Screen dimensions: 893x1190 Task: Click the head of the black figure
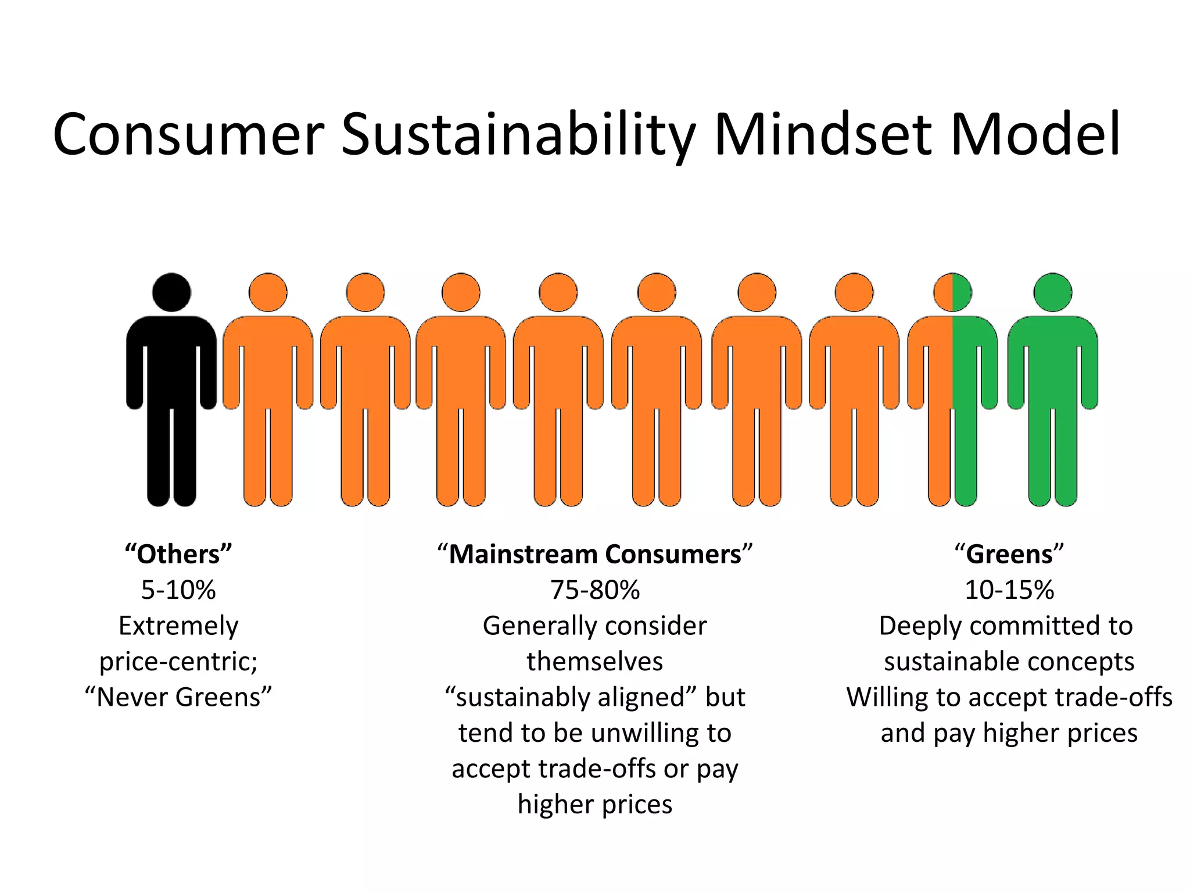point(171,292)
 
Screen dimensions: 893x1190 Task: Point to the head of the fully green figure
point(1052,292)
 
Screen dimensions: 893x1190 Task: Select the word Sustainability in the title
point(518,135)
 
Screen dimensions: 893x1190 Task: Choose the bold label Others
point(178,554)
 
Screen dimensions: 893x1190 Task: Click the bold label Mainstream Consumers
point(595,554)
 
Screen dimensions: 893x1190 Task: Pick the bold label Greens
point(1009,554)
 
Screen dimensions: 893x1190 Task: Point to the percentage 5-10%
point(178,590)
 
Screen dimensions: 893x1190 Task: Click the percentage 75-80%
point(595,590)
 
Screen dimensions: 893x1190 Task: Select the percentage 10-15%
point(1009,590)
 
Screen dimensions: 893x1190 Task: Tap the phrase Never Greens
point(178,697)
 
